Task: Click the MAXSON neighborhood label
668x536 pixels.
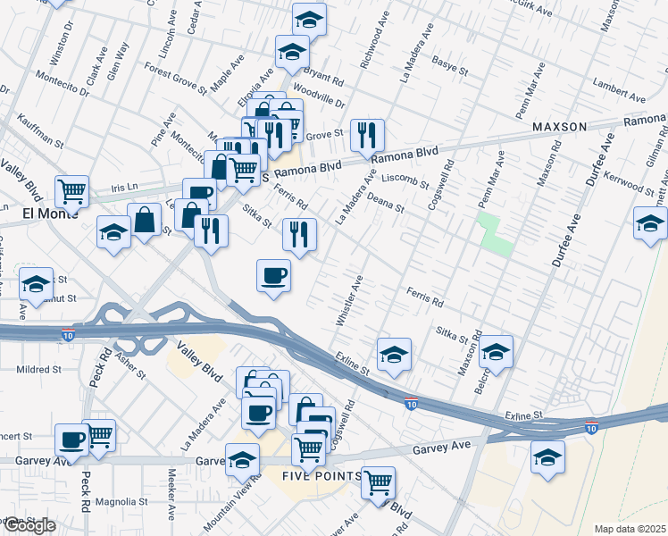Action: (559, 127)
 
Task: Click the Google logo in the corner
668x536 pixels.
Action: (29, 525)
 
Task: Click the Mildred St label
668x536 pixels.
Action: (38, 368)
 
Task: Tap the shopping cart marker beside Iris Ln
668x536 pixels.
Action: (71, 190)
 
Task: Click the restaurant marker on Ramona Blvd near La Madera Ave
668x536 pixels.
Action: (367, 135)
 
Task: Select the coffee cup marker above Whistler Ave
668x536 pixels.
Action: (273, 275)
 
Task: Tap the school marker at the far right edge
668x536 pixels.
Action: (649, 224)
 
